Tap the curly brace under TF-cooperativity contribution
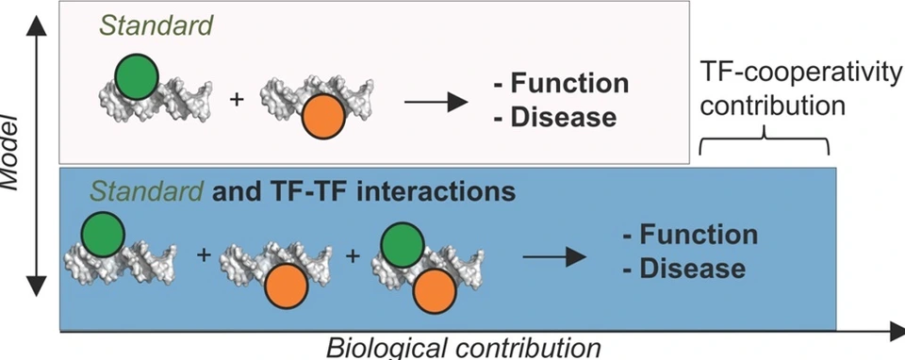(x=763, y=144)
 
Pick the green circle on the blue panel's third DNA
(x=403, y=245)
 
